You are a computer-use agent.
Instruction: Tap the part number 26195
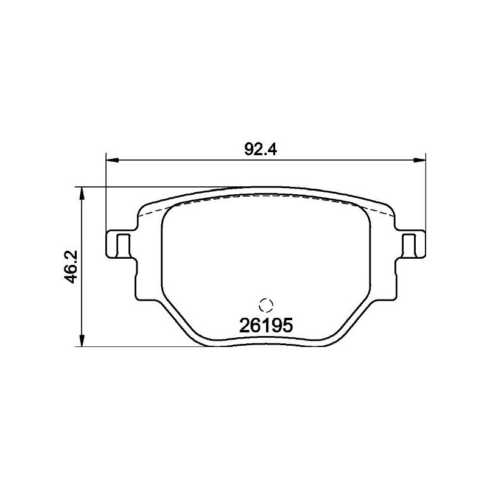[x=267, y=326]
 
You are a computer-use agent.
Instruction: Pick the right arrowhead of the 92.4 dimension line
[x=421, y=161]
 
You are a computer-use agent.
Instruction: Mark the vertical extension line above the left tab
[x=107, y=195]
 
